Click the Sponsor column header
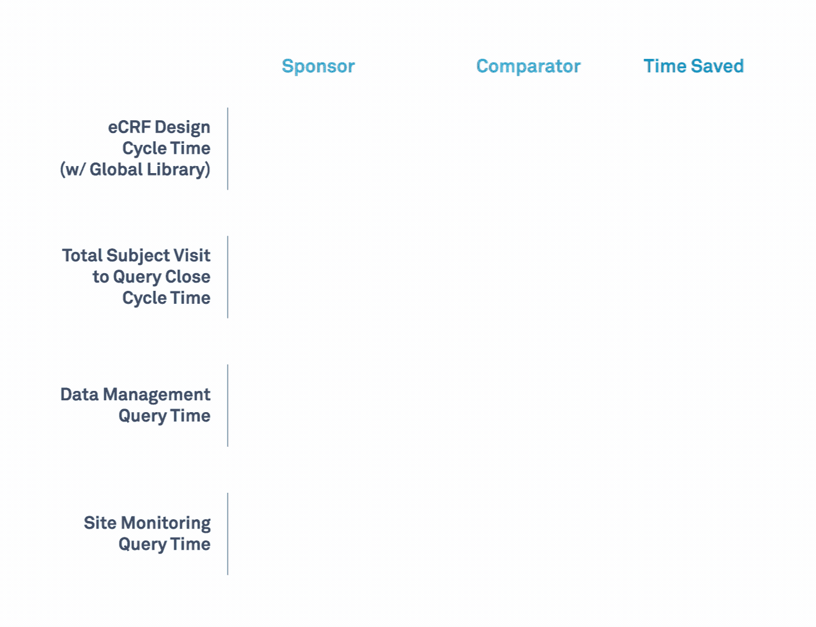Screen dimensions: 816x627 [318, 67]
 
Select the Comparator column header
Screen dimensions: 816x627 [528, 67]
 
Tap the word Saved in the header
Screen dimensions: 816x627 [717, 66]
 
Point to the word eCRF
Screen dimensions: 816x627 [130, 127]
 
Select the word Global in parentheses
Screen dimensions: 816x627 [116, 170]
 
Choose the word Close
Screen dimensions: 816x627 [188, 277]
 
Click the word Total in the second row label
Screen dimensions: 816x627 [82, 256]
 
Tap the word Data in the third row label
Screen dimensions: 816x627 [79, 394]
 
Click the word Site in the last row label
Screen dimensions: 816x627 [100, 523]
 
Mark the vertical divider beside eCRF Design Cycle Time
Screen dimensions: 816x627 [228, 149]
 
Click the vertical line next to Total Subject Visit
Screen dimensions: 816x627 [228, 277]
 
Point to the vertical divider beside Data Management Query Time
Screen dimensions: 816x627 [228, 406]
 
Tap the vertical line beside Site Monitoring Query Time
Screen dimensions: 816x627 [228, 534]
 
